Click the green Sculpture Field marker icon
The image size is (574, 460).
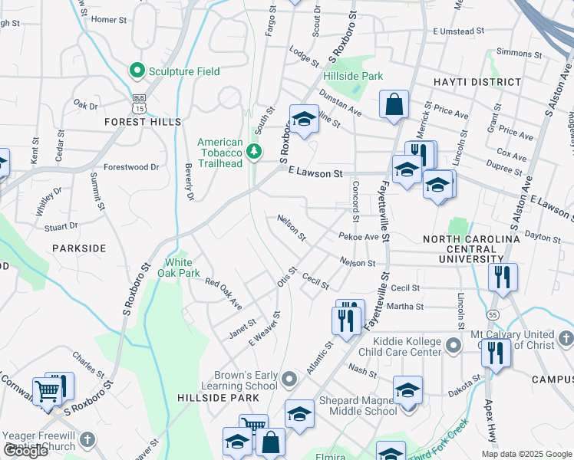(x=138, y=71)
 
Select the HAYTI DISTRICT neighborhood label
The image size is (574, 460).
(x=477, y=82)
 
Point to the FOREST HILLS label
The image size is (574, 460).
(x=143, y=122)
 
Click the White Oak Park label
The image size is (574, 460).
(x=178, y=268)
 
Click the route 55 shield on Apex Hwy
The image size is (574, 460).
(x=493, y=315)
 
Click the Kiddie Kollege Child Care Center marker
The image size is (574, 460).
(x=453, y=347)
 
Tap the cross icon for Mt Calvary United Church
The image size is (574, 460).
(x=566, y=338)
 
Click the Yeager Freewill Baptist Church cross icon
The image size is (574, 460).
(x=87, y=440)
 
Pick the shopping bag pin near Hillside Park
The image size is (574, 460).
(x=394, y=106)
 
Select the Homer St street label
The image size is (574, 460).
(x=108, y=19)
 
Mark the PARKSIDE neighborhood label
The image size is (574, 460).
(x=79, y=248)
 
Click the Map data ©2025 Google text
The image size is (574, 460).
(x=526, y=454)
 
